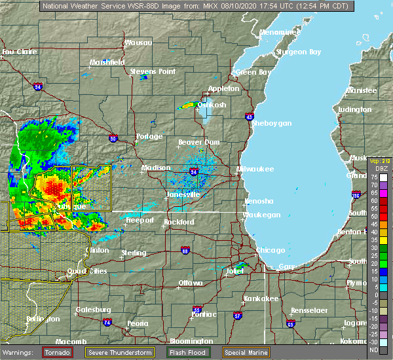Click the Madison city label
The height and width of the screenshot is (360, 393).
point(156,168)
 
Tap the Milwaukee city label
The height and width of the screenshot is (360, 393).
point(253,168)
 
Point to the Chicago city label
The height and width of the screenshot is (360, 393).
point(271,250)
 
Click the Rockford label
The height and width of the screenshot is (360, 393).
point(179,222)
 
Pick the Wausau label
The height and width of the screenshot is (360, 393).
point(138,43)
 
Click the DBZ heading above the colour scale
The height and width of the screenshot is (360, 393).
point(381,169)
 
